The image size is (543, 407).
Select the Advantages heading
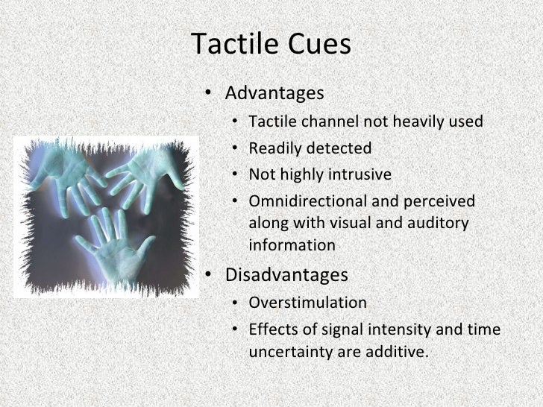[274, 94]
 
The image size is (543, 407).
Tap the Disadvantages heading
[286, 275]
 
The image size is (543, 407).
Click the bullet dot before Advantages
[211, 95]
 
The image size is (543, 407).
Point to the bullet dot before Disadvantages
[211, 276]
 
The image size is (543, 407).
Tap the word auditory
[442, 223]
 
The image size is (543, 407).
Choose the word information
[292, 244]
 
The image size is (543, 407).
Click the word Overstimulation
[307, 303]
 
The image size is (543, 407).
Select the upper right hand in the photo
[149, 175]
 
